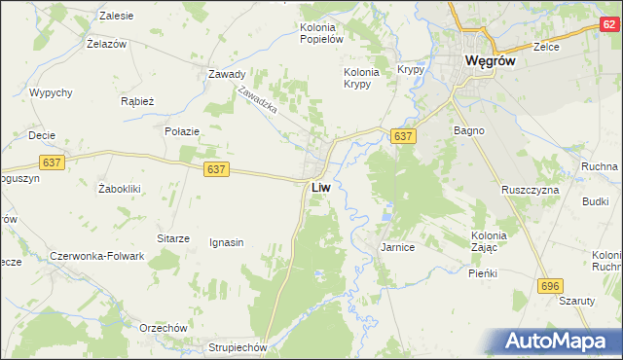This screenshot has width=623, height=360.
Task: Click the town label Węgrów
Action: click(x=496, y=60)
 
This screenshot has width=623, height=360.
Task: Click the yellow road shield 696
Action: click(x=550, y=284)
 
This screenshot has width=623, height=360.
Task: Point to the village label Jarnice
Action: click(x=397, y=248)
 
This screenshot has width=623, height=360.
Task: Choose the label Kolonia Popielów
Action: click(x=321, y=33)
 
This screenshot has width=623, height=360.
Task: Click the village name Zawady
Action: click(x=226, y=74)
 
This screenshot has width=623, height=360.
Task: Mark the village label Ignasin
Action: click(x=226, y=242)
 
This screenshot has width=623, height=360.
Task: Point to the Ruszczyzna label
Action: click(x=531, y=190)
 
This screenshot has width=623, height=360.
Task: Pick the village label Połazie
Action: click(x=182, y=130)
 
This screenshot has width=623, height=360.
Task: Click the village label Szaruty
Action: click(x=576, y=301)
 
